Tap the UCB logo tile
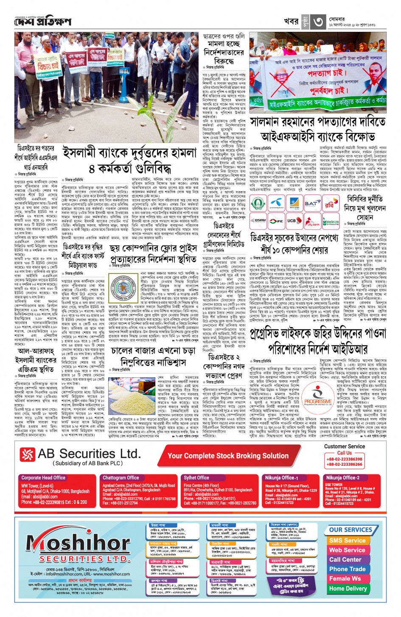pos(292,221)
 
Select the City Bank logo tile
pos(314,221)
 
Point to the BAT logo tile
pos(312,204)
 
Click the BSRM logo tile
pos(259,221)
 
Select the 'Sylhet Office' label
pos(196,478)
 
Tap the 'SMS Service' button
pos(347,541)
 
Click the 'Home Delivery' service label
pos(348,589)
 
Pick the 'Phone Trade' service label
pos(347,569)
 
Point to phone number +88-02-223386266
pos(344,464)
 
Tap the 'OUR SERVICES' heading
pos(351,530)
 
